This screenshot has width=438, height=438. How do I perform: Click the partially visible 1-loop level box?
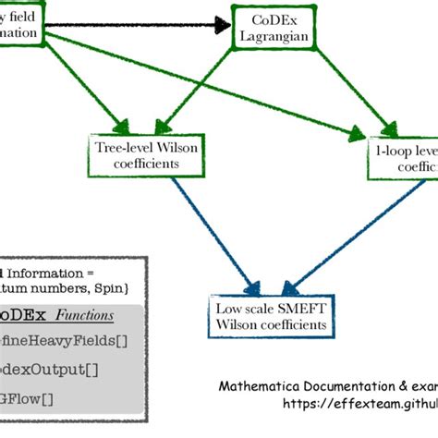coord(402,156)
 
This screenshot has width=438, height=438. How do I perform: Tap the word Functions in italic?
coord(80,315)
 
